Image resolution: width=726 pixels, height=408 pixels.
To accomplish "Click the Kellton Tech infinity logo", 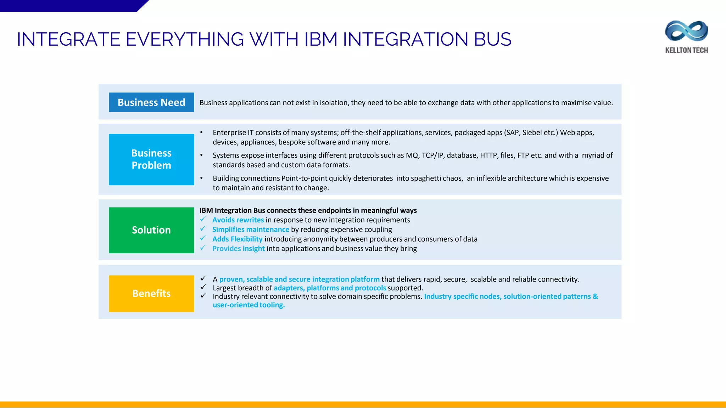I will pos(686,31).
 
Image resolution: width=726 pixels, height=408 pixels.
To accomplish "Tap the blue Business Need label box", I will pos(151,102).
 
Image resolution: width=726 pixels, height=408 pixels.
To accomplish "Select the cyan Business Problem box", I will pos(151,159).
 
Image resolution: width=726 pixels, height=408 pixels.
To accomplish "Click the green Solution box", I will pos(151,230).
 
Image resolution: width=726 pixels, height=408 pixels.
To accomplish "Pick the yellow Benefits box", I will pos(151,294).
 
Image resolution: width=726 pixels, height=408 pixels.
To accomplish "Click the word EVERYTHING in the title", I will pos(185,39).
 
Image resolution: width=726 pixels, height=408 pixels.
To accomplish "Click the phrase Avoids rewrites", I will pos(238,220).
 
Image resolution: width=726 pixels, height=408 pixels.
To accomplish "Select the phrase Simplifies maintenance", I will pos(251,229).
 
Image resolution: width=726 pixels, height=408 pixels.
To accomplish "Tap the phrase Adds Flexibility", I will pos(237,239).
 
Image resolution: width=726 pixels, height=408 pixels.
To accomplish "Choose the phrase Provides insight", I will pos(238,249).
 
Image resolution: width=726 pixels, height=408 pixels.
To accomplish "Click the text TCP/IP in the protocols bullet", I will pos(432,155).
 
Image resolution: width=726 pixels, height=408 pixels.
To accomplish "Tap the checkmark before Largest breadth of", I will pos(203,287).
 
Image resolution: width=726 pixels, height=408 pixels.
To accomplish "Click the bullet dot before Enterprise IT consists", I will pos(201,132).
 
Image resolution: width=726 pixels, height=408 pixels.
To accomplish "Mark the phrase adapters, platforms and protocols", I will pos(330,288).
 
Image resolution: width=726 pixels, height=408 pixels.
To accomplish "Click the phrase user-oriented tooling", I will pos(248,305).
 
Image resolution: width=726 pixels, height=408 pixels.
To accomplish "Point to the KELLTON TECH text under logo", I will pos(686,50).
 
